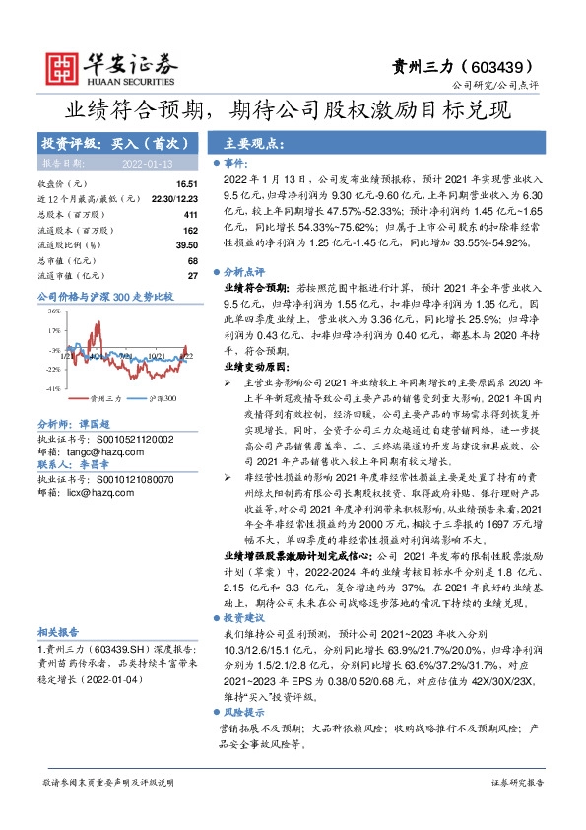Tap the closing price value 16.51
[187, 184]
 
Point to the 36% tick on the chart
[55, 312]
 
